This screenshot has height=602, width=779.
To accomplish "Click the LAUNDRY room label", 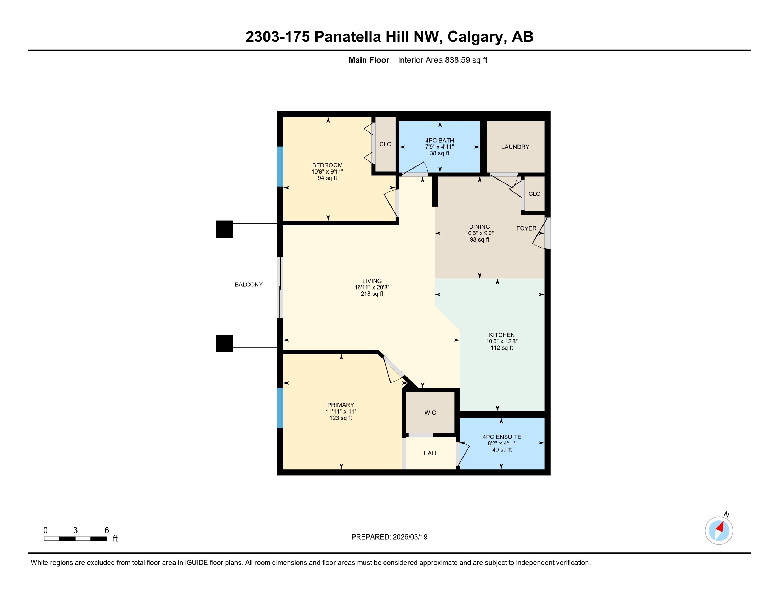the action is (x=515, y=147).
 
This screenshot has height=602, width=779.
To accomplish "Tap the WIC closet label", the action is (x=430, y=413).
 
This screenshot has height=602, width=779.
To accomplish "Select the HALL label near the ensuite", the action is (x=431, y=453).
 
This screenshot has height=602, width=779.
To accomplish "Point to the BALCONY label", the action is (x=249, y=285).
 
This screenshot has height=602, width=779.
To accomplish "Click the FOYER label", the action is (x=526, y=228).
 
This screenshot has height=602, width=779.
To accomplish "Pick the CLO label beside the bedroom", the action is (x=385, y=144).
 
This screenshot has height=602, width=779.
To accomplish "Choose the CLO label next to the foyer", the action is (x=534, y=194).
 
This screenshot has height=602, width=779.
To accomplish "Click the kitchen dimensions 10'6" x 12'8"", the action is (x=501, y=341).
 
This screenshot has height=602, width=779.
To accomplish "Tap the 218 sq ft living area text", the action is (x=372, y=294).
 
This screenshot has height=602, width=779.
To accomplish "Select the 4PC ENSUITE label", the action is (x=502, y=437).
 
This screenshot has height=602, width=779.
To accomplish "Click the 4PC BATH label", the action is (x=439, y=141).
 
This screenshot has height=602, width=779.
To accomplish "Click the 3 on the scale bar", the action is (x=75, y=530).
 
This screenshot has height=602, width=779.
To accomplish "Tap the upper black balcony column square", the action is (x=224, y=229).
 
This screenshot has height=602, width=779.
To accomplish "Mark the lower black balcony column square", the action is (x=224, y=343).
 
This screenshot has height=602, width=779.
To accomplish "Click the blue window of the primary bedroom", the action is (x=280, y=408).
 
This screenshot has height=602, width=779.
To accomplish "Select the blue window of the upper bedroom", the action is (x=280, y=166).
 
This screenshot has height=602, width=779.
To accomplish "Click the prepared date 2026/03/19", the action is (x=410, y=537).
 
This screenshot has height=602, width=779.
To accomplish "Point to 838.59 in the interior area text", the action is (x=457, y=60).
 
